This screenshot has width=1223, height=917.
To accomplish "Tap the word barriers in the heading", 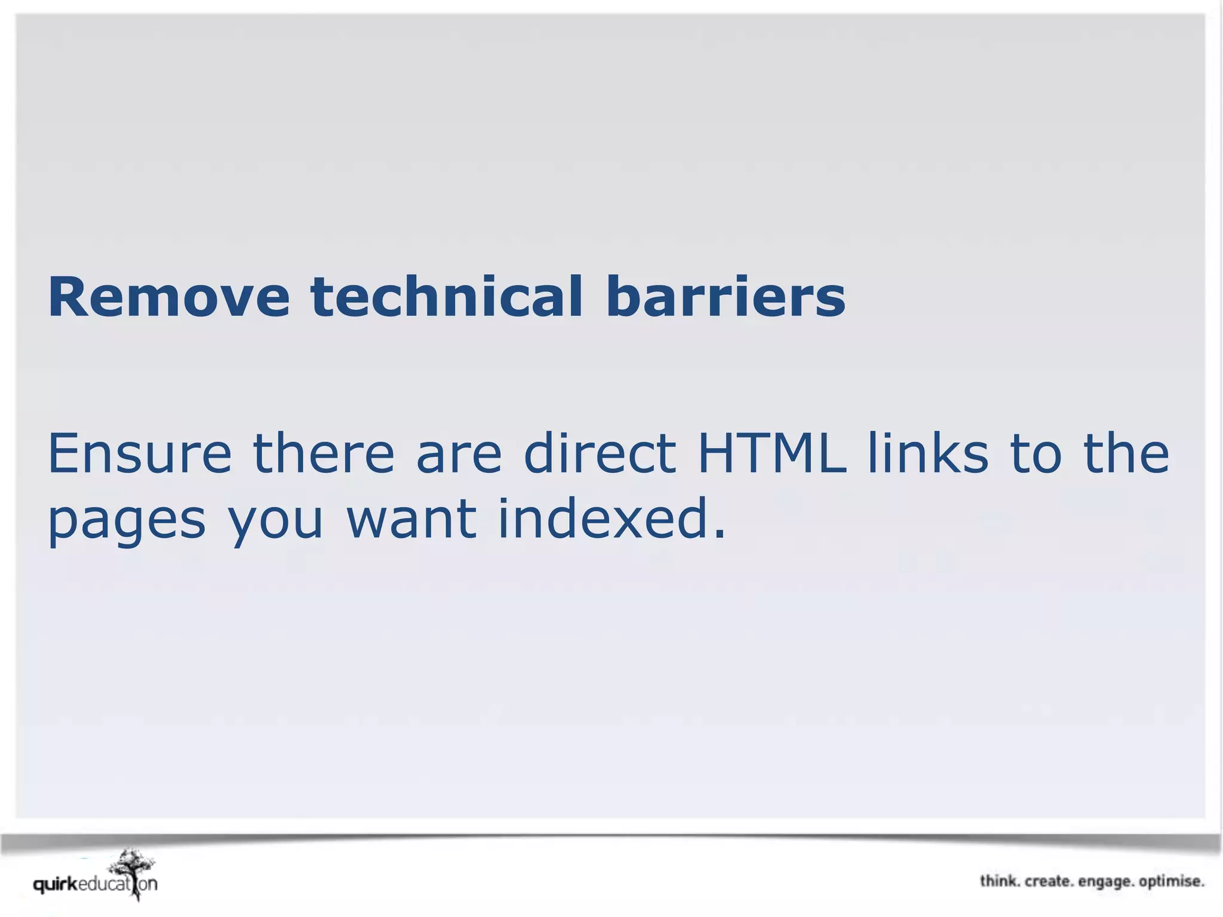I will (726, 297).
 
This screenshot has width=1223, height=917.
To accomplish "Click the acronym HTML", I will (772, 454).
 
